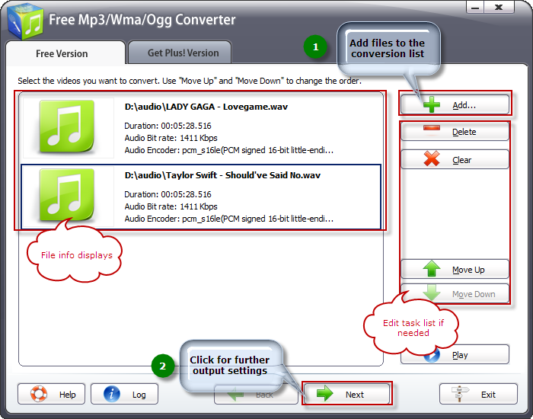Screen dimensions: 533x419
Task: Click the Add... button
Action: coord(455,105)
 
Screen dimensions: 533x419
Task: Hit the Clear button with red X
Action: coord(455,159)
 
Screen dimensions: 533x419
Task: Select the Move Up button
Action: coord(455,270)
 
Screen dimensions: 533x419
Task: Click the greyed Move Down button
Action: coord(455,293)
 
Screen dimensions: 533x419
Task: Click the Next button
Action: coord(346,394)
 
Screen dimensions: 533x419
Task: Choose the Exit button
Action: coord(478,394)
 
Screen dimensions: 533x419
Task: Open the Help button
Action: coord(51,394)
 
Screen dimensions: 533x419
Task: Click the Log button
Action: coord(124,394)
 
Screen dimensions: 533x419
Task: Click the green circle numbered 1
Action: coord(315,46)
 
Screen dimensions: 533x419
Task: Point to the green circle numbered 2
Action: coord(163,366)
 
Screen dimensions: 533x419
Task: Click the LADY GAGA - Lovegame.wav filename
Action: coord(206,107)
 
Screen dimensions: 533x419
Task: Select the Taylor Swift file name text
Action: coord(222,175)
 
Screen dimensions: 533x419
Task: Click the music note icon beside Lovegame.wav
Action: coord(67,126)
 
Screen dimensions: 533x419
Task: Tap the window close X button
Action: coord(499,7)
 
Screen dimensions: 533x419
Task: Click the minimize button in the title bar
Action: coord(475,7)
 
